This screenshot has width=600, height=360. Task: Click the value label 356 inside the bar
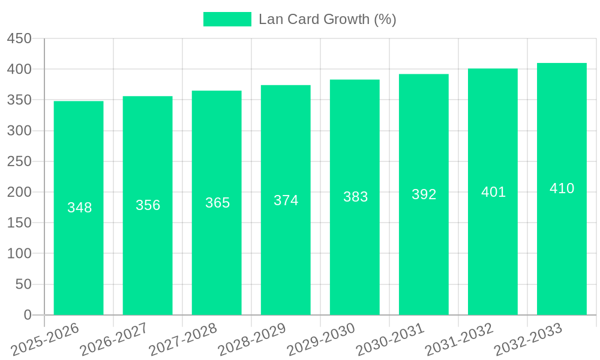pos(148,205)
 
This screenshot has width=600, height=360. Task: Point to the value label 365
pos(217,203)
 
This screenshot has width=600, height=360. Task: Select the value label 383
pos(355,197)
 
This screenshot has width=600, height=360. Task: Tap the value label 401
pos(493,192)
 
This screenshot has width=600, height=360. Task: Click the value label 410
pos(562,188)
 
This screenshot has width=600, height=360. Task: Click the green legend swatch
pos(227,19)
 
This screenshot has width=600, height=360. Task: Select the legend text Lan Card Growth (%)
pos(327,19)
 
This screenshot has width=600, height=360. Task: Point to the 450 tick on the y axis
pos(19,39)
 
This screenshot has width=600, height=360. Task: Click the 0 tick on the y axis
pos(27,315)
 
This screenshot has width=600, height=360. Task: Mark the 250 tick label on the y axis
pos(19,161)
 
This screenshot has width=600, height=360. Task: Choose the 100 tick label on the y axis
pos(19,254)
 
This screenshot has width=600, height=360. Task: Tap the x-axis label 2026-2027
pos(114,340)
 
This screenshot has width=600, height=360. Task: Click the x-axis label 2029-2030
pos(321,340)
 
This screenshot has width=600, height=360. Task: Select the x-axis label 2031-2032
pos(459,340)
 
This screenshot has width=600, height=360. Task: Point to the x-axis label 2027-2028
pos(183,340)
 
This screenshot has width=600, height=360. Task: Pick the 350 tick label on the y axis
pos(19,100)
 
